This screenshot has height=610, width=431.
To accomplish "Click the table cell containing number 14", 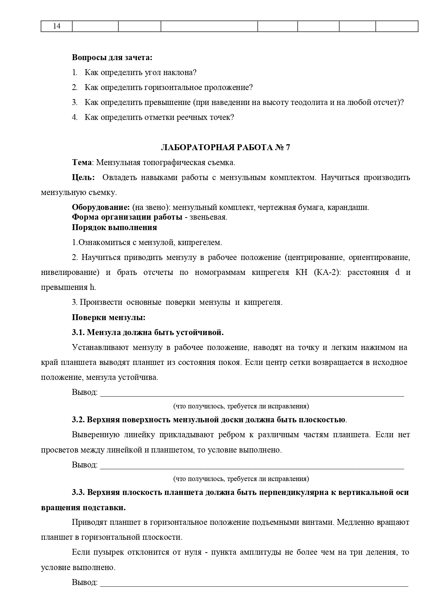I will (57, 26).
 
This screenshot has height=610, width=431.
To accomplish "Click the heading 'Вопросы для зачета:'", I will (112, 57).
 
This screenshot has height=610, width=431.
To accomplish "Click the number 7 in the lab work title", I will (288, 147).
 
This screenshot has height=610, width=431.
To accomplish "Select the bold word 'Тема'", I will (82, 162).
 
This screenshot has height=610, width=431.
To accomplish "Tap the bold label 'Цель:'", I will (83, 177).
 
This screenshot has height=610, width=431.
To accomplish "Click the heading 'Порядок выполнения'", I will (114, 227).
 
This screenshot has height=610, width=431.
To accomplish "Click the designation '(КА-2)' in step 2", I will (325, 272).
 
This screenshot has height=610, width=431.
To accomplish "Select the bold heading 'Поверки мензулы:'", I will (108, 317).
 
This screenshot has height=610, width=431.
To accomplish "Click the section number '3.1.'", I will (78, 332).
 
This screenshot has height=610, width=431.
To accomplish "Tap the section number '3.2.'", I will (78, 420).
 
